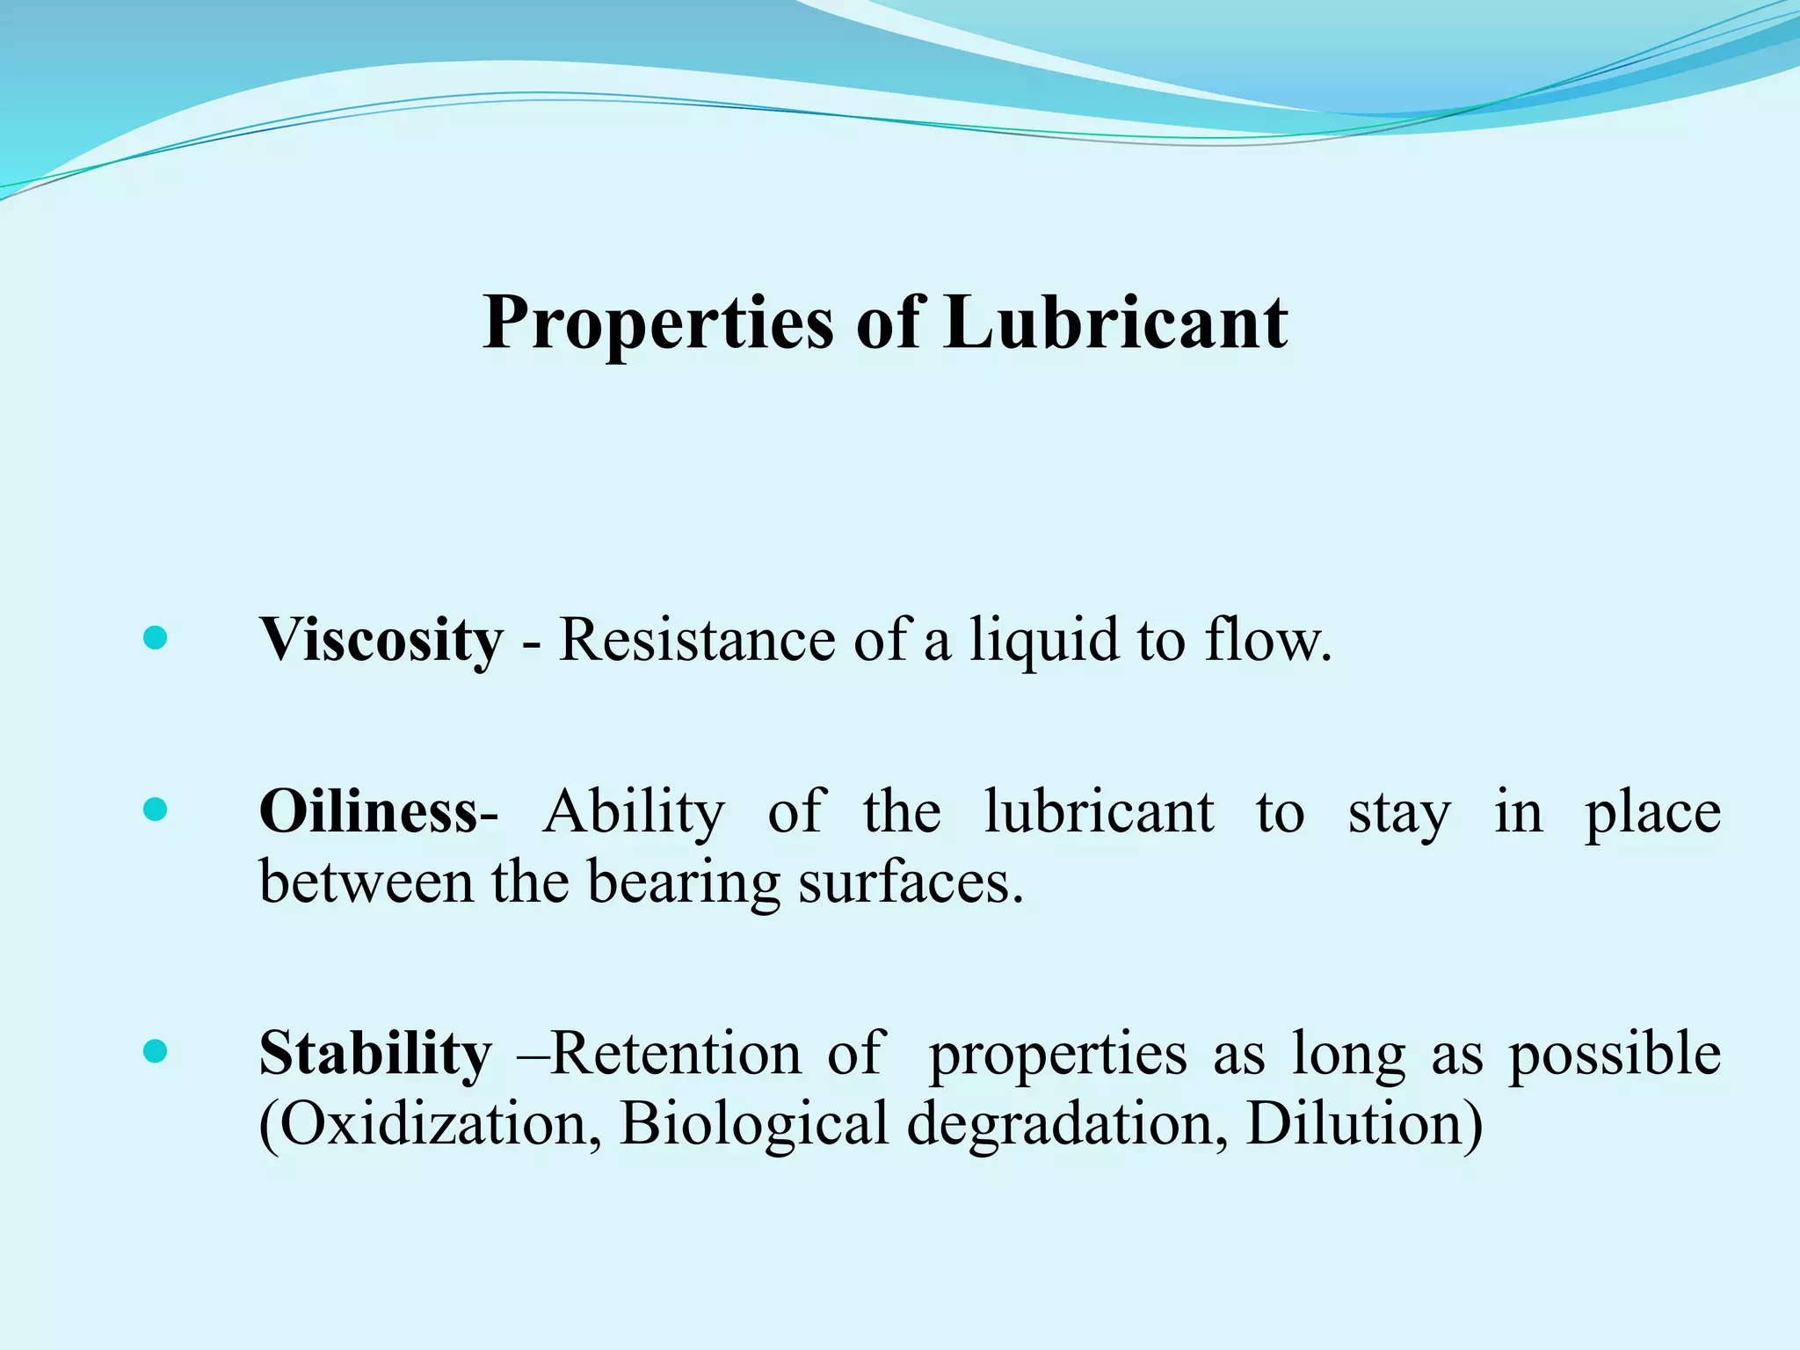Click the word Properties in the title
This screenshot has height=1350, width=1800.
(657, 323)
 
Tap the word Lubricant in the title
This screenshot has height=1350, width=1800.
(1114, 322)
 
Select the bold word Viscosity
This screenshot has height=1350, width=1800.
(381, 640)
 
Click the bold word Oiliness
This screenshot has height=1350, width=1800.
(369, 811)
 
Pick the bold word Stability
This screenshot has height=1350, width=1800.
(375, 1054)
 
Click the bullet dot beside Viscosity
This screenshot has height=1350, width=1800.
(155, 638)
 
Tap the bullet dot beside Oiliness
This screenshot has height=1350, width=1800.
(155, 809)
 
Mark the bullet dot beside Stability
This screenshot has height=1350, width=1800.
(155, 1051)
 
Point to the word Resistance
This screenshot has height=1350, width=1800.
(697, 640)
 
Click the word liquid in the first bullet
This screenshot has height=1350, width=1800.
(1042, 640)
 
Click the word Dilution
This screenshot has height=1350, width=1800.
(1363, 1124)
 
